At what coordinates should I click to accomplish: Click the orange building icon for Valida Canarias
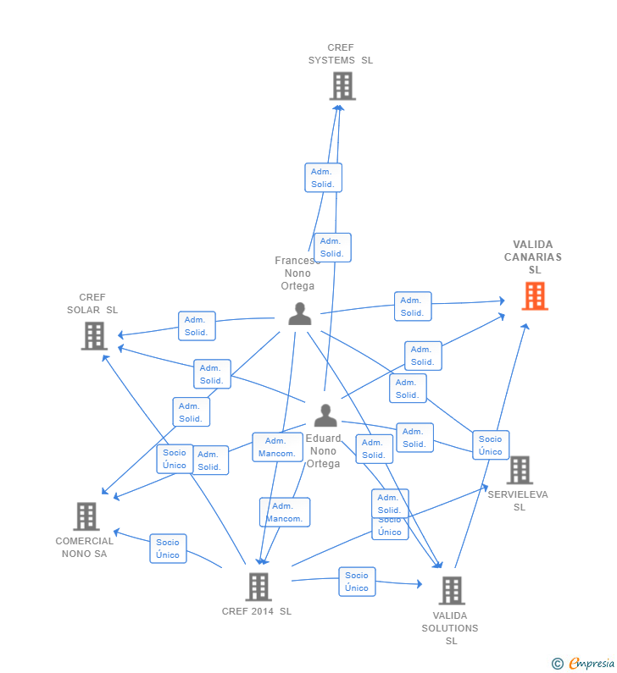tap(535, 296)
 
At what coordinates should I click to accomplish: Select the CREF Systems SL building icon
tap(342, 86)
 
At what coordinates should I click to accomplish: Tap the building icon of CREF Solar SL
tap(94, 336)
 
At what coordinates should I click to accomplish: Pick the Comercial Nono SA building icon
tap(86, 516)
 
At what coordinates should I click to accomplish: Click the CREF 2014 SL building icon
tap(258, 587)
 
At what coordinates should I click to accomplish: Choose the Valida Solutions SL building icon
tap(452, 591)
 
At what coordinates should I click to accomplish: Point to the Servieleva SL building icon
tap(520, 470)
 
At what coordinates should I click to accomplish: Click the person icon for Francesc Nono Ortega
tap(299, 314)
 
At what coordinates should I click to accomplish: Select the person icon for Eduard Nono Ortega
tap(325, 416)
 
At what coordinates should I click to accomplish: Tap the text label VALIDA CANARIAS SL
tap(533, 257)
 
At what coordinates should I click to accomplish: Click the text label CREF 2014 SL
tap(257, 611)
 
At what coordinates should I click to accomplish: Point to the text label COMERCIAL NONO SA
tap(85, 548)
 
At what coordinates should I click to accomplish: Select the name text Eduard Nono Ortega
tap(323, 451)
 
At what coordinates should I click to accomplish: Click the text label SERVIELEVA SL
tap(518, 500)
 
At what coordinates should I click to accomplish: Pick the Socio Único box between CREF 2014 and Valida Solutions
tap(357, 582)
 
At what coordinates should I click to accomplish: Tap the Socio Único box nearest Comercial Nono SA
tap(168, 549)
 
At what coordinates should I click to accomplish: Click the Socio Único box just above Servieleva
tap(491, 445)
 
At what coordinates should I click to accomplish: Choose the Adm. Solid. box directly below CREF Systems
tap(323, 178)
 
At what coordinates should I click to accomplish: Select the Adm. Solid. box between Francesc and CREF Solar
tap(197, 326)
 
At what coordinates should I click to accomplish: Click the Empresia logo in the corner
tap(584, 663)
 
